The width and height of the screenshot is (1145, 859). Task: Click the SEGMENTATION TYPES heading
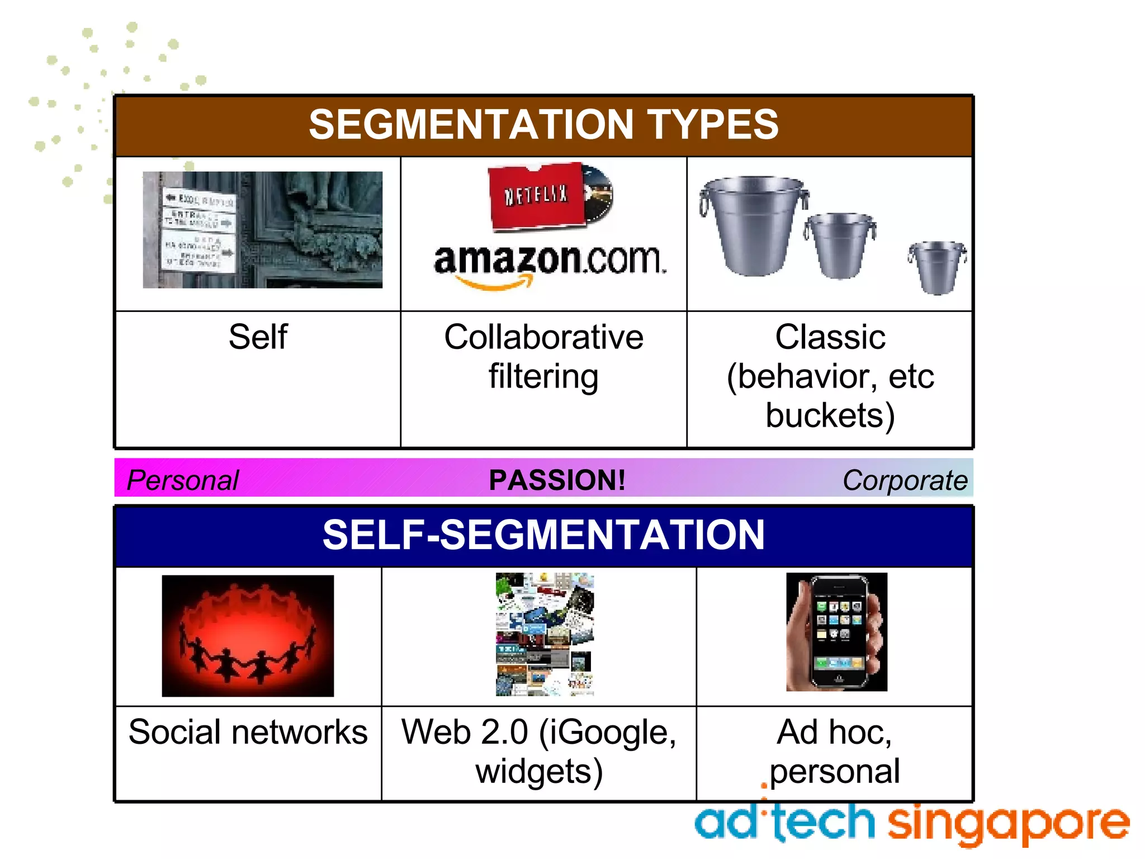(x=543, y=125)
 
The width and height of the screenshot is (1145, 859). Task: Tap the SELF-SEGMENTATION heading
(x=543, y=535)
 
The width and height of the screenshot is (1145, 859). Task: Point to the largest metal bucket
(x=753, y=224)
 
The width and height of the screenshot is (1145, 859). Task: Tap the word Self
(x=258, y=337)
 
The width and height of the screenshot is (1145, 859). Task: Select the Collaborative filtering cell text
(x=543, y=356)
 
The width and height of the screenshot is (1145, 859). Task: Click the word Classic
(x=830, y=337)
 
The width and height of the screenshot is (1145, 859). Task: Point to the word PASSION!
(x=557, y=480)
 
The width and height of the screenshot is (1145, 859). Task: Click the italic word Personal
(x=183, y=480)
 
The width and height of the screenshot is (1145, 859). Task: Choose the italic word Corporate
(x=905, y=480)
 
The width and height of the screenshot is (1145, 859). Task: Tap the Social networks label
(x=248, y=732)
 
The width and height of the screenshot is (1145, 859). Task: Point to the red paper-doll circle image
(x=248, y=636)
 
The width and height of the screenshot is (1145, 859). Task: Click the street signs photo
(x=263, y=230)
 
